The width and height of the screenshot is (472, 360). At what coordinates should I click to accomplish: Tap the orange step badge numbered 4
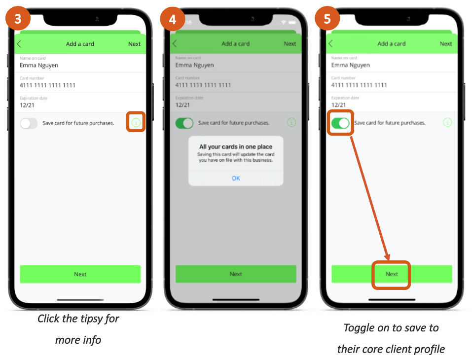172,19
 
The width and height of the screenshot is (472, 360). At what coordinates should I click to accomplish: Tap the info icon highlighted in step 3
136,122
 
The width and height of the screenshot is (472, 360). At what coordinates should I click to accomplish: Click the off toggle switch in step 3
29,123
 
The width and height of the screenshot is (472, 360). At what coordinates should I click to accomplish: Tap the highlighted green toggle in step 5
340,123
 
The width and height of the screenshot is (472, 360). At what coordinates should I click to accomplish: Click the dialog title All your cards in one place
236,146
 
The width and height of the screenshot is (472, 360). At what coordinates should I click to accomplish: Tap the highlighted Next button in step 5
392,274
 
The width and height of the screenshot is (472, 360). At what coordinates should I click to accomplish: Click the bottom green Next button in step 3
80,274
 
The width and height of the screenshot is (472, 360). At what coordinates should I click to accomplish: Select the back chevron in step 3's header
19,44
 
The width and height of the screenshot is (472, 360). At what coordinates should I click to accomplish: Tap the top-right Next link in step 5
446,44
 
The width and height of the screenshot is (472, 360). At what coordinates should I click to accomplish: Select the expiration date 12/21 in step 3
27,105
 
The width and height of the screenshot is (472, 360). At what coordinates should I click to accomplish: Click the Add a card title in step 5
392,44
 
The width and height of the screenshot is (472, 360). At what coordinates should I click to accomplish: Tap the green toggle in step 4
184,123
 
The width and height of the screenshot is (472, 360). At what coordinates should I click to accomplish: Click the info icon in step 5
447,122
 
